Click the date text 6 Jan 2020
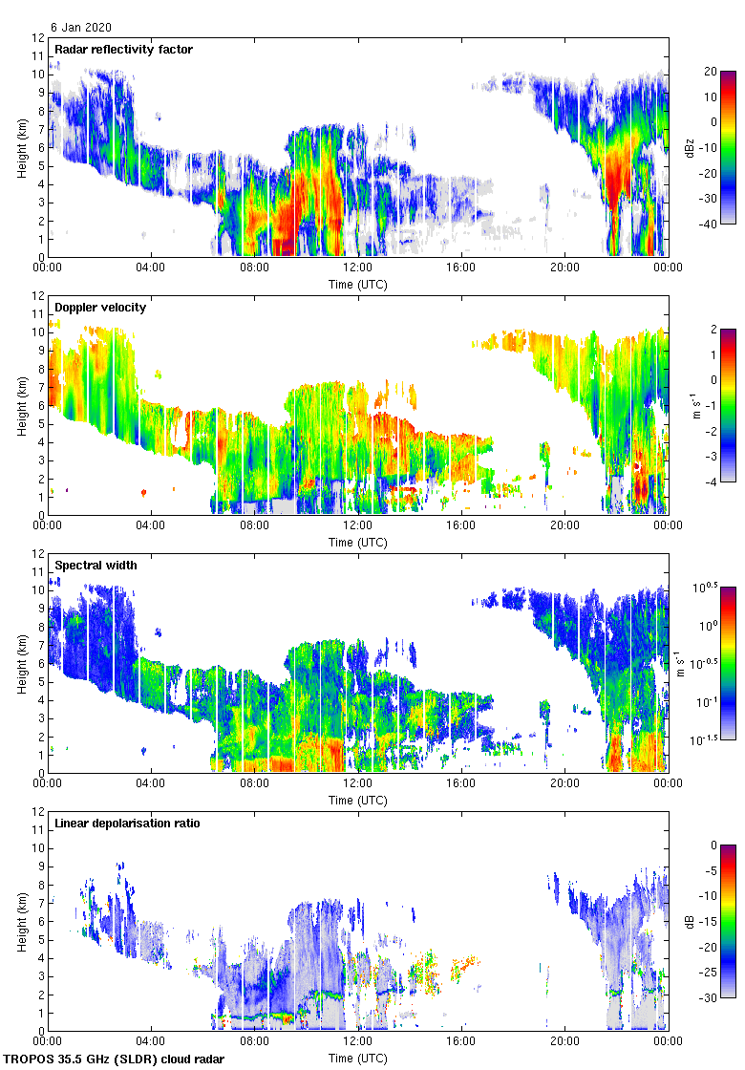81,28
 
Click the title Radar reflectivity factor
124,49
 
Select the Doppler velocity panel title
99,307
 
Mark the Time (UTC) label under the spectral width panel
358,799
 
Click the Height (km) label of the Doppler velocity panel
21,405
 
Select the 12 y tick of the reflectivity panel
38,38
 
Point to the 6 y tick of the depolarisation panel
41,922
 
